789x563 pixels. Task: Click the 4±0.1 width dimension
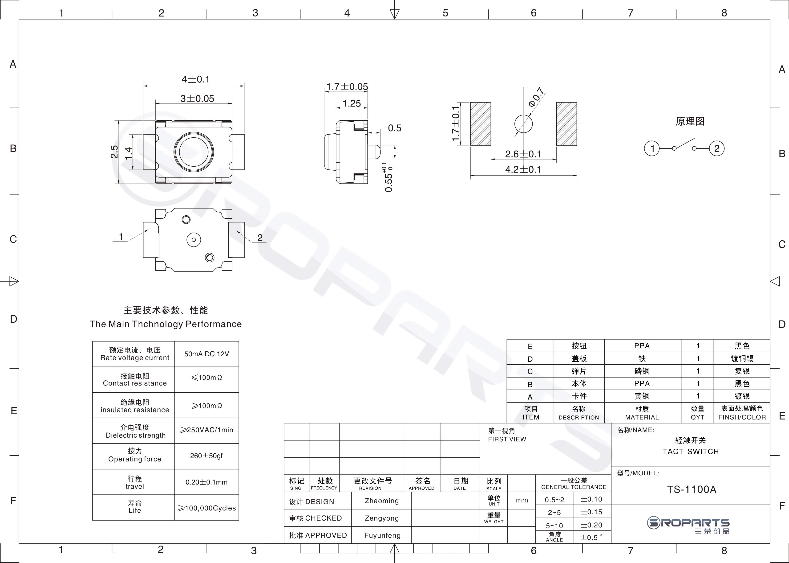pyautogui.click(x=196, y=79)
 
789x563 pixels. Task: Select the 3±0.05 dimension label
pyautogui.click(x=197, y=99)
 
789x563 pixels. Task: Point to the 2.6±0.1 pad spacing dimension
pyautogui.click(x=523, y=154)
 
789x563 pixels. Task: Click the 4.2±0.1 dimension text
pyautogui.click(x=523, y=169)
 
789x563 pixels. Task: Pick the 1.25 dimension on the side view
pyautogui.click(x=352, y=103)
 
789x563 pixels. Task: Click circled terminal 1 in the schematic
pyautogui.click(x=652, y=148)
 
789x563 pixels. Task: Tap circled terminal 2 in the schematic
pyautogui.click(x=717, y=148)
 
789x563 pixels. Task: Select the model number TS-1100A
pyautogui.click(x=691, y=489)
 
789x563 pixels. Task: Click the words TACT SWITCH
pyautogui.click(x=691, y=451)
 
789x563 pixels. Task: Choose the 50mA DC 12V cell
pyautogui.click(x=206, y=354)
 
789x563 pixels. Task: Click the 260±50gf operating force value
pyautogui.click(x=206, y=456)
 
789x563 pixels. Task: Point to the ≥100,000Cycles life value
pyautogui.click(x=207, y=508)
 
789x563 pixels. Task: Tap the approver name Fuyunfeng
pyautogui.click(x=382, y=535)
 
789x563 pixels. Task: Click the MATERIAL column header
pyautogui.click(x=642, y=417)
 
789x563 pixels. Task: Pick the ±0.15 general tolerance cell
pyautogui.click(x=592, y=512)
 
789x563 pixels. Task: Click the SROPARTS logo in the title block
pyautogui.click(x=688, y=526)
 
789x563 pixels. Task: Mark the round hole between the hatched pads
pyautogui.click(x=523, y=124)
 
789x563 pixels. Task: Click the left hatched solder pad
pyautogui.click(x=480, y=124)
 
